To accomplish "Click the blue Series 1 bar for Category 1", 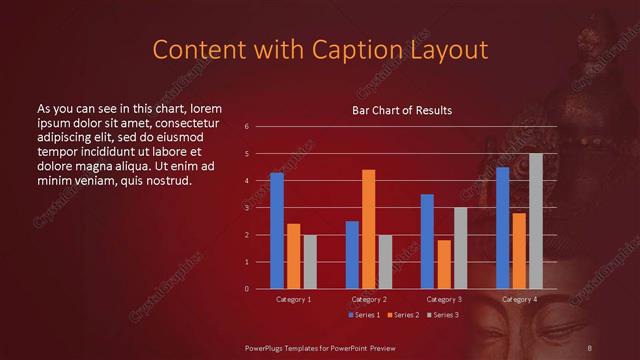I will point(277,231).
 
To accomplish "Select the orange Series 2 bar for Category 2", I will point(369,229).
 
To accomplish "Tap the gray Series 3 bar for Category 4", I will point(536,221).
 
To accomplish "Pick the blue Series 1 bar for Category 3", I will point(427,241).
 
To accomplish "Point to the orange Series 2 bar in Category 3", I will point(444,264).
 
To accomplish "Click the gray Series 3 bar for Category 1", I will point(310,262).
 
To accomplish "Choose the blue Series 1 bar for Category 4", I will point(502,228).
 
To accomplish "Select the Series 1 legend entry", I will point(363,315).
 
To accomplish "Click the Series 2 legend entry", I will point(402,315).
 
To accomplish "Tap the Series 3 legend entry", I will point(442,315).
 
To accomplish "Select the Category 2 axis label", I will point(369,299).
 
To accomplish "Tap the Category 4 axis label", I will point(519,299).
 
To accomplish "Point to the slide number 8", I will point(588,346).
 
